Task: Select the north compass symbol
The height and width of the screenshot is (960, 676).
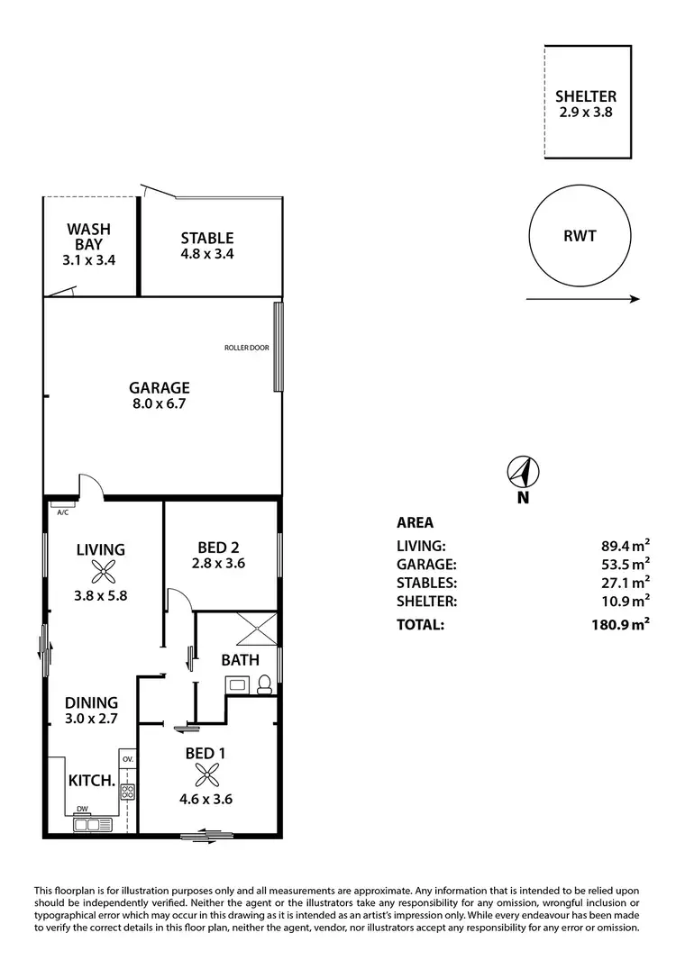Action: click(522, 471)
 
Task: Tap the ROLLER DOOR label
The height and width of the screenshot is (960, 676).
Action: click(247, 348)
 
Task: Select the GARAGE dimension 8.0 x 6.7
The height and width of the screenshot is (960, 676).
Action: click(159, 404)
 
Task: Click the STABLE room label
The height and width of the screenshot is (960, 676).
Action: click(206, 239)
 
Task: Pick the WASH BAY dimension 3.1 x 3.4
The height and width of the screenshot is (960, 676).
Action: click(88, 259)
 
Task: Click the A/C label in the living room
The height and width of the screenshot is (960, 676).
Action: click(63, 512)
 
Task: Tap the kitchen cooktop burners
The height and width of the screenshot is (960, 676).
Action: click(127, 792)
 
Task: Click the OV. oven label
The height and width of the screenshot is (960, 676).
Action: click(127, 759)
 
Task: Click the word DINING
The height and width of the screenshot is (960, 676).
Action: click(90, 702)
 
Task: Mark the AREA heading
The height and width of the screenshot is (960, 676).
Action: click(415, 522)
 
